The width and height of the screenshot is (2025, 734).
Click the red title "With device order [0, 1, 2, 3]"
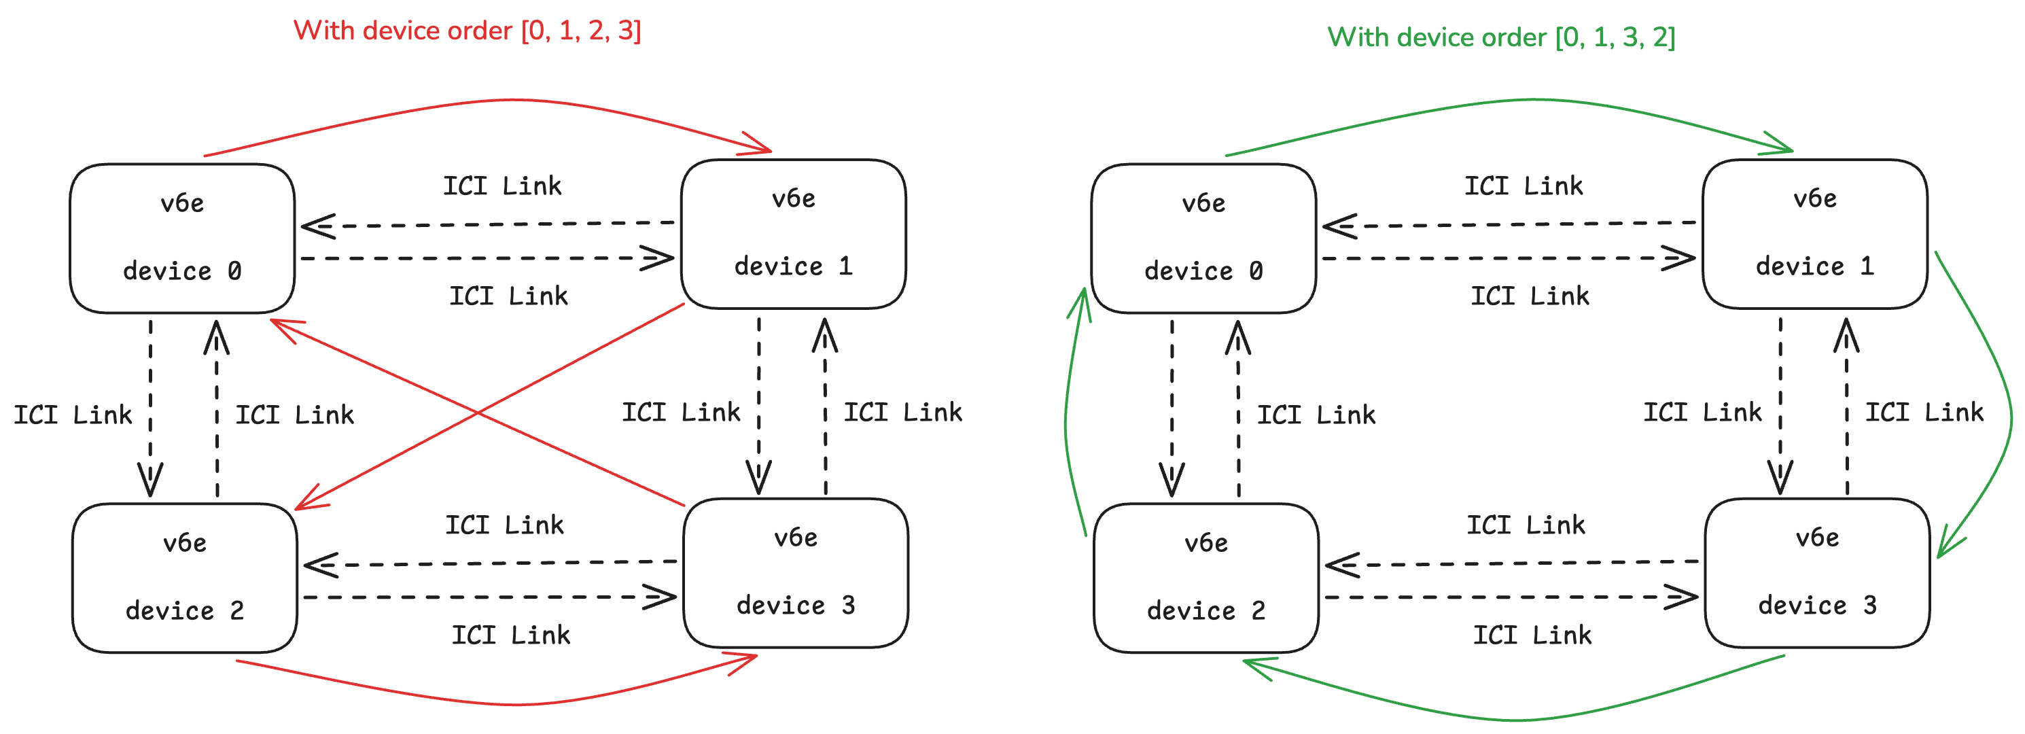(467, 31)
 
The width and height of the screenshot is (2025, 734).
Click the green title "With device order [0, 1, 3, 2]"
(1502, 37)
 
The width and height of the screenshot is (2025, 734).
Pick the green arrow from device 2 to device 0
(1066, 417)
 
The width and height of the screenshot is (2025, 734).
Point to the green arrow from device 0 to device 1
(1533, 100)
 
